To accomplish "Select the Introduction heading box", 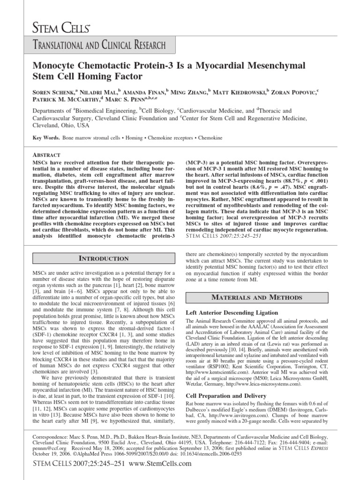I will (103, 258).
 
